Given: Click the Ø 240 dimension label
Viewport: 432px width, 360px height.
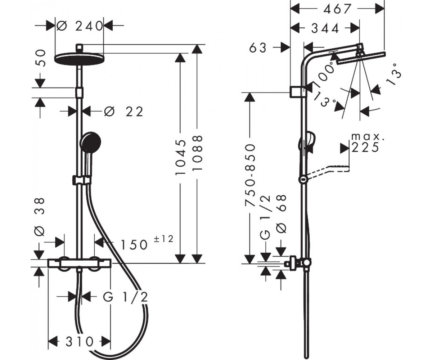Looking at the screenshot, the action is [x=80, y=27].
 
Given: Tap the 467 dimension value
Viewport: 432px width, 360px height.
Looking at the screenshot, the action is [x=337, y=9].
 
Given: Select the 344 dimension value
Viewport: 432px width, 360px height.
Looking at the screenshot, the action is [x=325, y=28].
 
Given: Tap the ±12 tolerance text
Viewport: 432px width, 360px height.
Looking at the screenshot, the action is [x=163, y=239].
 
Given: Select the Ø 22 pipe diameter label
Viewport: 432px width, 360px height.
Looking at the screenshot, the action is [x=123, y=112].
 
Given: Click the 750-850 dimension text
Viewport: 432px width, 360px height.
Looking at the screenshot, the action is [x=250, y=175].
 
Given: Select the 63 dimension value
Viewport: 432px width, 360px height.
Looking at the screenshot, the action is [x=258, y=48].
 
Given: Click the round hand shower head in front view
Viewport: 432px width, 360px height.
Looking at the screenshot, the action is [x=90, y=143].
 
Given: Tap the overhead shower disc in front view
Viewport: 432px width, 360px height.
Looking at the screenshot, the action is [x=79, y=58].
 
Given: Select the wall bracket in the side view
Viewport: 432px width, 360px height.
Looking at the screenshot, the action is [x=298, y=92].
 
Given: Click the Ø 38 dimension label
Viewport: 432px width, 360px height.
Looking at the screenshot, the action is [x=39, y=217].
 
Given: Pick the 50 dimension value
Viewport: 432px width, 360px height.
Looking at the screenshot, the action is [x=40, y=58].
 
